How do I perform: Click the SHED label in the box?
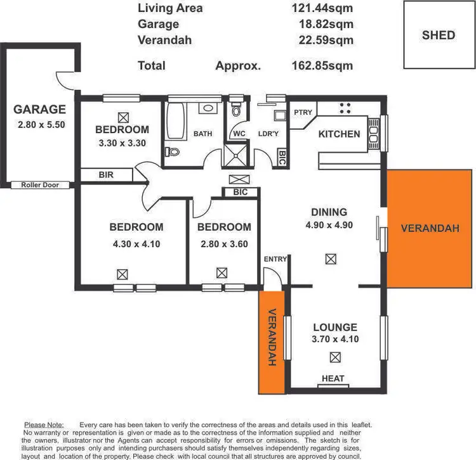439,35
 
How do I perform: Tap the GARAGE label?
40,109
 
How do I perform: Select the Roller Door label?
40,184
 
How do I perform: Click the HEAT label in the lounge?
333,378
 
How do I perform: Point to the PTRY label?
303,112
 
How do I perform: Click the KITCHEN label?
339,134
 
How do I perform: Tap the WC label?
239,134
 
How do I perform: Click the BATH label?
202,134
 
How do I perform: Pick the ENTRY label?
275,259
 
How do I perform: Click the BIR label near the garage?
106,174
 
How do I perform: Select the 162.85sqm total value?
322,65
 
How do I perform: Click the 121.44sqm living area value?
322,8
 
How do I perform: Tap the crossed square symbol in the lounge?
335,357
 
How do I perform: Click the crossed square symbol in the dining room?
330,259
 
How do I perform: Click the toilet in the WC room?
236,112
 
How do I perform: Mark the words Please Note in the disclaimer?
43,425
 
